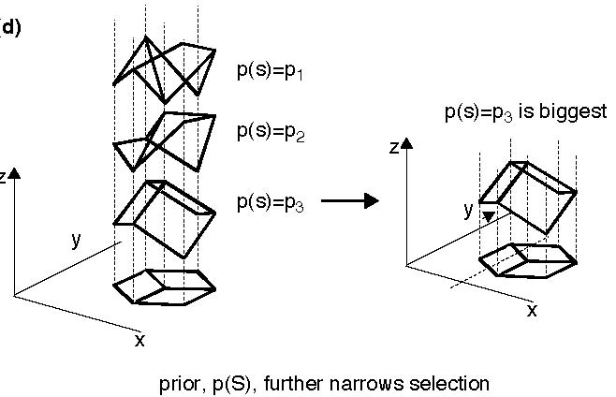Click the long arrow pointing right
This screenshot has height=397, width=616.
349,200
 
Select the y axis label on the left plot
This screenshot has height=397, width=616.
76,239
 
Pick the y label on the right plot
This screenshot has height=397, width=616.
468,210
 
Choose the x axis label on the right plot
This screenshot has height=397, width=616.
532,310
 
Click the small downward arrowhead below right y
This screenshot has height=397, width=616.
487,218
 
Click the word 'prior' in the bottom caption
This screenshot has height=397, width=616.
180,383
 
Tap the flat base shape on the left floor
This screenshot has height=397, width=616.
164,287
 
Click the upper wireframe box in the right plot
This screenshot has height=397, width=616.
529,192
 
